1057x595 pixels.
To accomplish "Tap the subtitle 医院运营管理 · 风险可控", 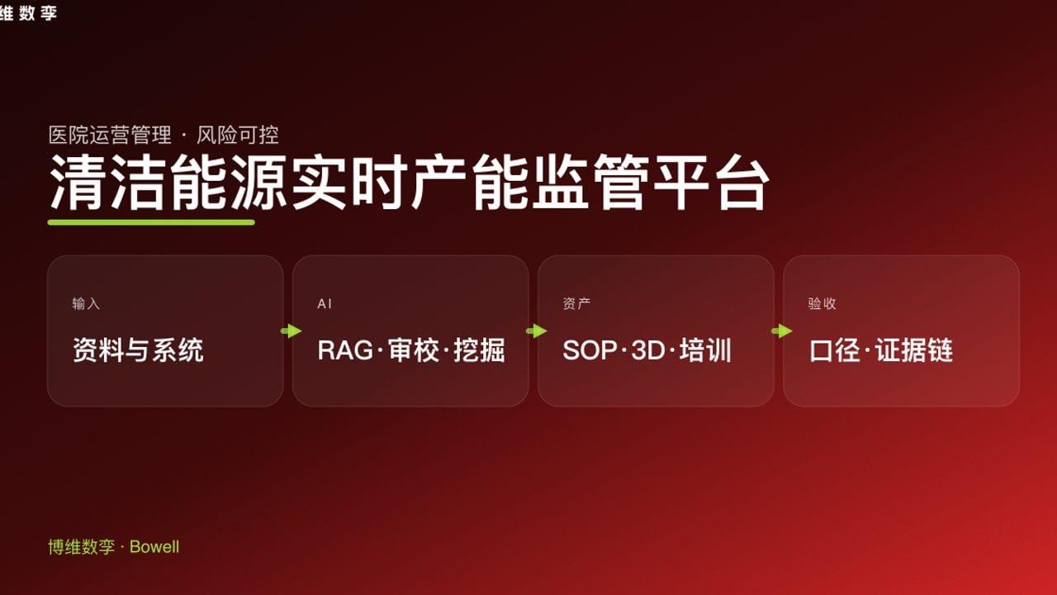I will (164, 135).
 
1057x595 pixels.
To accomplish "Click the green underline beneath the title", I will (151, 221).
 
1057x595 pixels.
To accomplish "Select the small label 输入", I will (86, 304).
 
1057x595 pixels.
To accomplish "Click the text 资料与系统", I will (138, 350).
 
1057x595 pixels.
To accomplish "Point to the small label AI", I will (325, 304).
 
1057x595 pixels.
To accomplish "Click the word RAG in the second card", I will (345, 350).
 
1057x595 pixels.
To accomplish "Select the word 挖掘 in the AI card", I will (479, 350).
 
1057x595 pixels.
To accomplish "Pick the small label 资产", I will (576, 304).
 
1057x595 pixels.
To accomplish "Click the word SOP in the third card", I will (590, 350).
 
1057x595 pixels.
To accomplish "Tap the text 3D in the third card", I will (647, 350).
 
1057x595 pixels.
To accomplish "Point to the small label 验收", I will (822, 304).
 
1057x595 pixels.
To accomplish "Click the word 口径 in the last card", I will (836, 350).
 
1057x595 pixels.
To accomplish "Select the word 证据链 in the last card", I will (914, 350).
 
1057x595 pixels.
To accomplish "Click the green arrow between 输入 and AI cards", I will (291, 331).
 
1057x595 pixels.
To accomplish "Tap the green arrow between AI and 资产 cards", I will (536, 331).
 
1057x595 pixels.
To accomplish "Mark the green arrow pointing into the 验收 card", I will (781, 331).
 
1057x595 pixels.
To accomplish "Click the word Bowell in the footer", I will (154, 547).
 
